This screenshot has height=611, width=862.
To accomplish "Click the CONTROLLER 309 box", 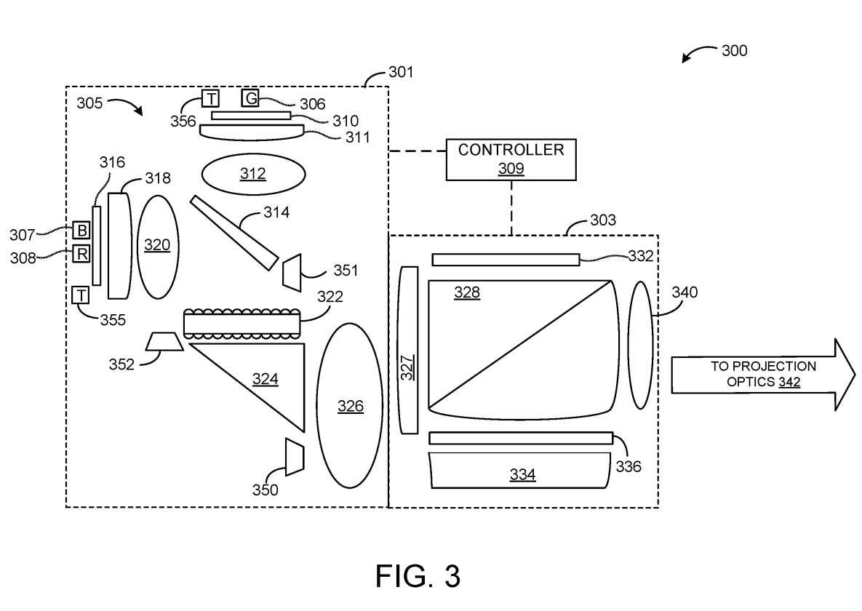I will [x=511, y=159].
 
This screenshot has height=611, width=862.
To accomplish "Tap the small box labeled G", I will [x=250, y=98].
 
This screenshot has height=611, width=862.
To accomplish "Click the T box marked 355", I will [x=81, y=295].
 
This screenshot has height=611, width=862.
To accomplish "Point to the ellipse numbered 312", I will [x=253, y=174].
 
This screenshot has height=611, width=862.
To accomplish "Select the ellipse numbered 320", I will [x=157, y=246].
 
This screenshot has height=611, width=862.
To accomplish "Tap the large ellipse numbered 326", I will [x=351, y=406].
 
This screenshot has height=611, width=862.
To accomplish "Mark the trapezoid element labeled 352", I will [x=165, y=341].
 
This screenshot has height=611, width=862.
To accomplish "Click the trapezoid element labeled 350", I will [x=294, y=457].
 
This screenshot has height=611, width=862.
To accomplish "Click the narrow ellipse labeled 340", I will [x=640, y=345].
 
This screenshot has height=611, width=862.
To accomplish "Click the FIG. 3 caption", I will [x=418, y=576].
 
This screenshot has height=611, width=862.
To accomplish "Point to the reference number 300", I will [x=734, y=51].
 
